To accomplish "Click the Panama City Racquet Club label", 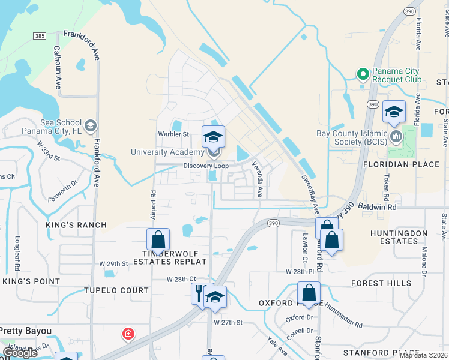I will click(397, 75).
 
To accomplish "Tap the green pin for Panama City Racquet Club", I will click(363, 74).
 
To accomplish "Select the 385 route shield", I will click(40, 36).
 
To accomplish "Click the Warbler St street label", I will click(173, 134).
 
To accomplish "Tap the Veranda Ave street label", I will click(257, 179).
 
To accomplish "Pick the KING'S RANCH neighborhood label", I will click(76, 225).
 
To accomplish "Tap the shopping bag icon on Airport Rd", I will click(158, 239).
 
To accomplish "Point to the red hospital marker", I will click(128, 334).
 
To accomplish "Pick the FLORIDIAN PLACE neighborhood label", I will click(393, 164).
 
